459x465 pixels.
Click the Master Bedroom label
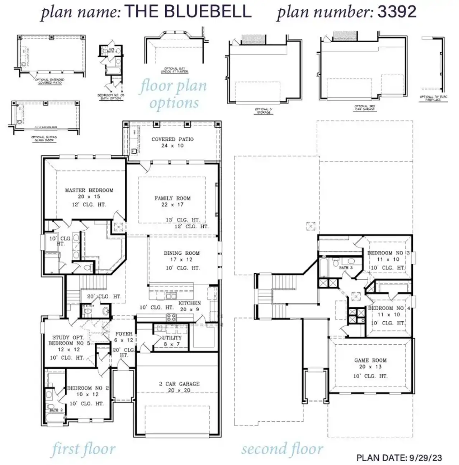(89, 190)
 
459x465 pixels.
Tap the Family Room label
(172, 198)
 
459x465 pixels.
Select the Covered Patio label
(172, 139)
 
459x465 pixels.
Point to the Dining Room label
(181, 253)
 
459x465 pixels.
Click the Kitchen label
(190, 303)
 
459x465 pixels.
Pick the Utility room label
(172, 338)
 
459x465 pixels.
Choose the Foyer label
(124, 334)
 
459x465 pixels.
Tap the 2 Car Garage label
(179, 384)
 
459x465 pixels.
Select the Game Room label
(370, 360)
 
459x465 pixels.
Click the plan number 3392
(397, 12)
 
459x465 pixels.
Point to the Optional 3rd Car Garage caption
(364, 107)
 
